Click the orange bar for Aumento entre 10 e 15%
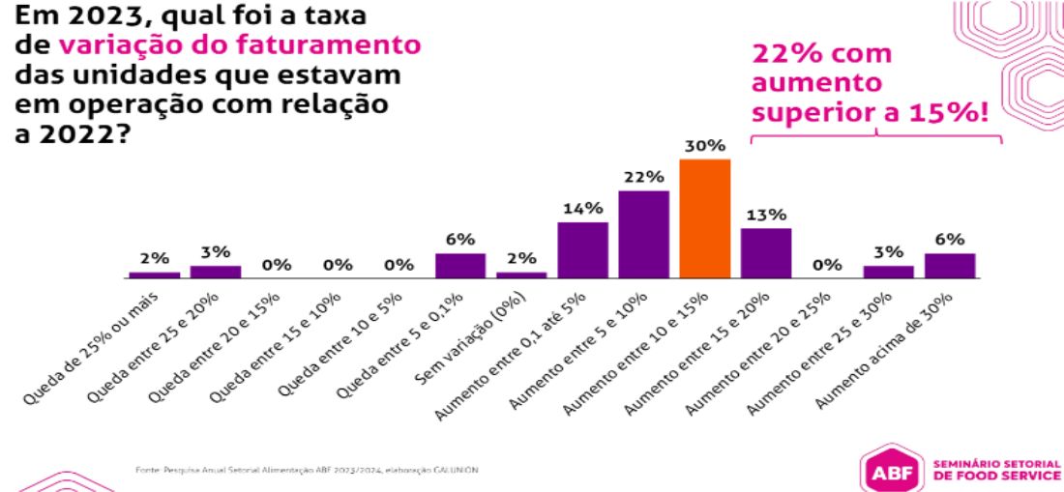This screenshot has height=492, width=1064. point(704,218)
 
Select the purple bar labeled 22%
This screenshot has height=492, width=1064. point(643,234)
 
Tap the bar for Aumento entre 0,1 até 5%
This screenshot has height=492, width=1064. point(582,249)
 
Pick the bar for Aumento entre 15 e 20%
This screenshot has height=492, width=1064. point(766,253)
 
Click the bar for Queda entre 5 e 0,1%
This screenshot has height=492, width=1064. point(460,266)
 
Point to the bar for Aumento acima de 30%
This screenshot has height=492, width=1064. point(950,266)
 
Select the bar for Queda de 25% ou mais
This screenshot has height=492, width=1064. point(154,275)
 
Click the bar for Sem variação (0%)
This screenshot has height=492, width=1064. point(521,275)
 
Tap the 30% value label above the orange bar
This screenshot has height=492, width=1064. point(704,146)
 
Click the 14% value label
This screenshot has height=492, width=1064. point(582,208)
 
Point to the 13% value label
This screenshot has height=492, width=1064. point(766,215)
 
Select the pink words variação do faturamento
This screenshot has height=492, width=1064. point(239,45)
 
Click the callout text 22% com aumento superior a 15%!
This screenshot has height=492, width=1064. point(871,83)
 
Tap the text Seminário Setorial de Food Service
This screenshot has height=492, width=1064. point(994,469)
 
